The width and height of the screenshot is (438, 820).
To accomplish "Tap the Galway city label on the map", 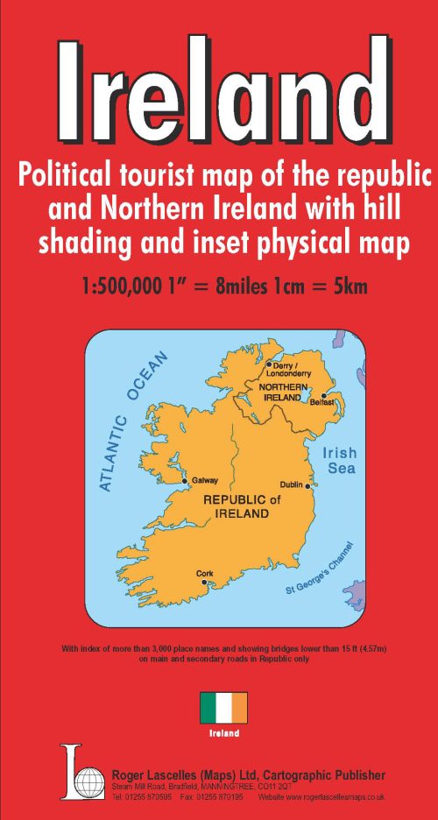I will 204,480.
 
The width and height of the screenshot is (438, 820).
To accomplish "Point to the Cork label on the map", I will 205,574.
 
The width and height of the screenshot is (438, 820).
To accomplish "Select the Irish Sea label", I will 338,461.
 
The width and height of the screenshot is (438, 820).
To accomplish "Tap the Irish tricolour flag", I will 223,707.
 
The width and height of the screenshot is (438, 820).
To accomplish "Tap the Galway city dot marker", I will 184,481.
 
